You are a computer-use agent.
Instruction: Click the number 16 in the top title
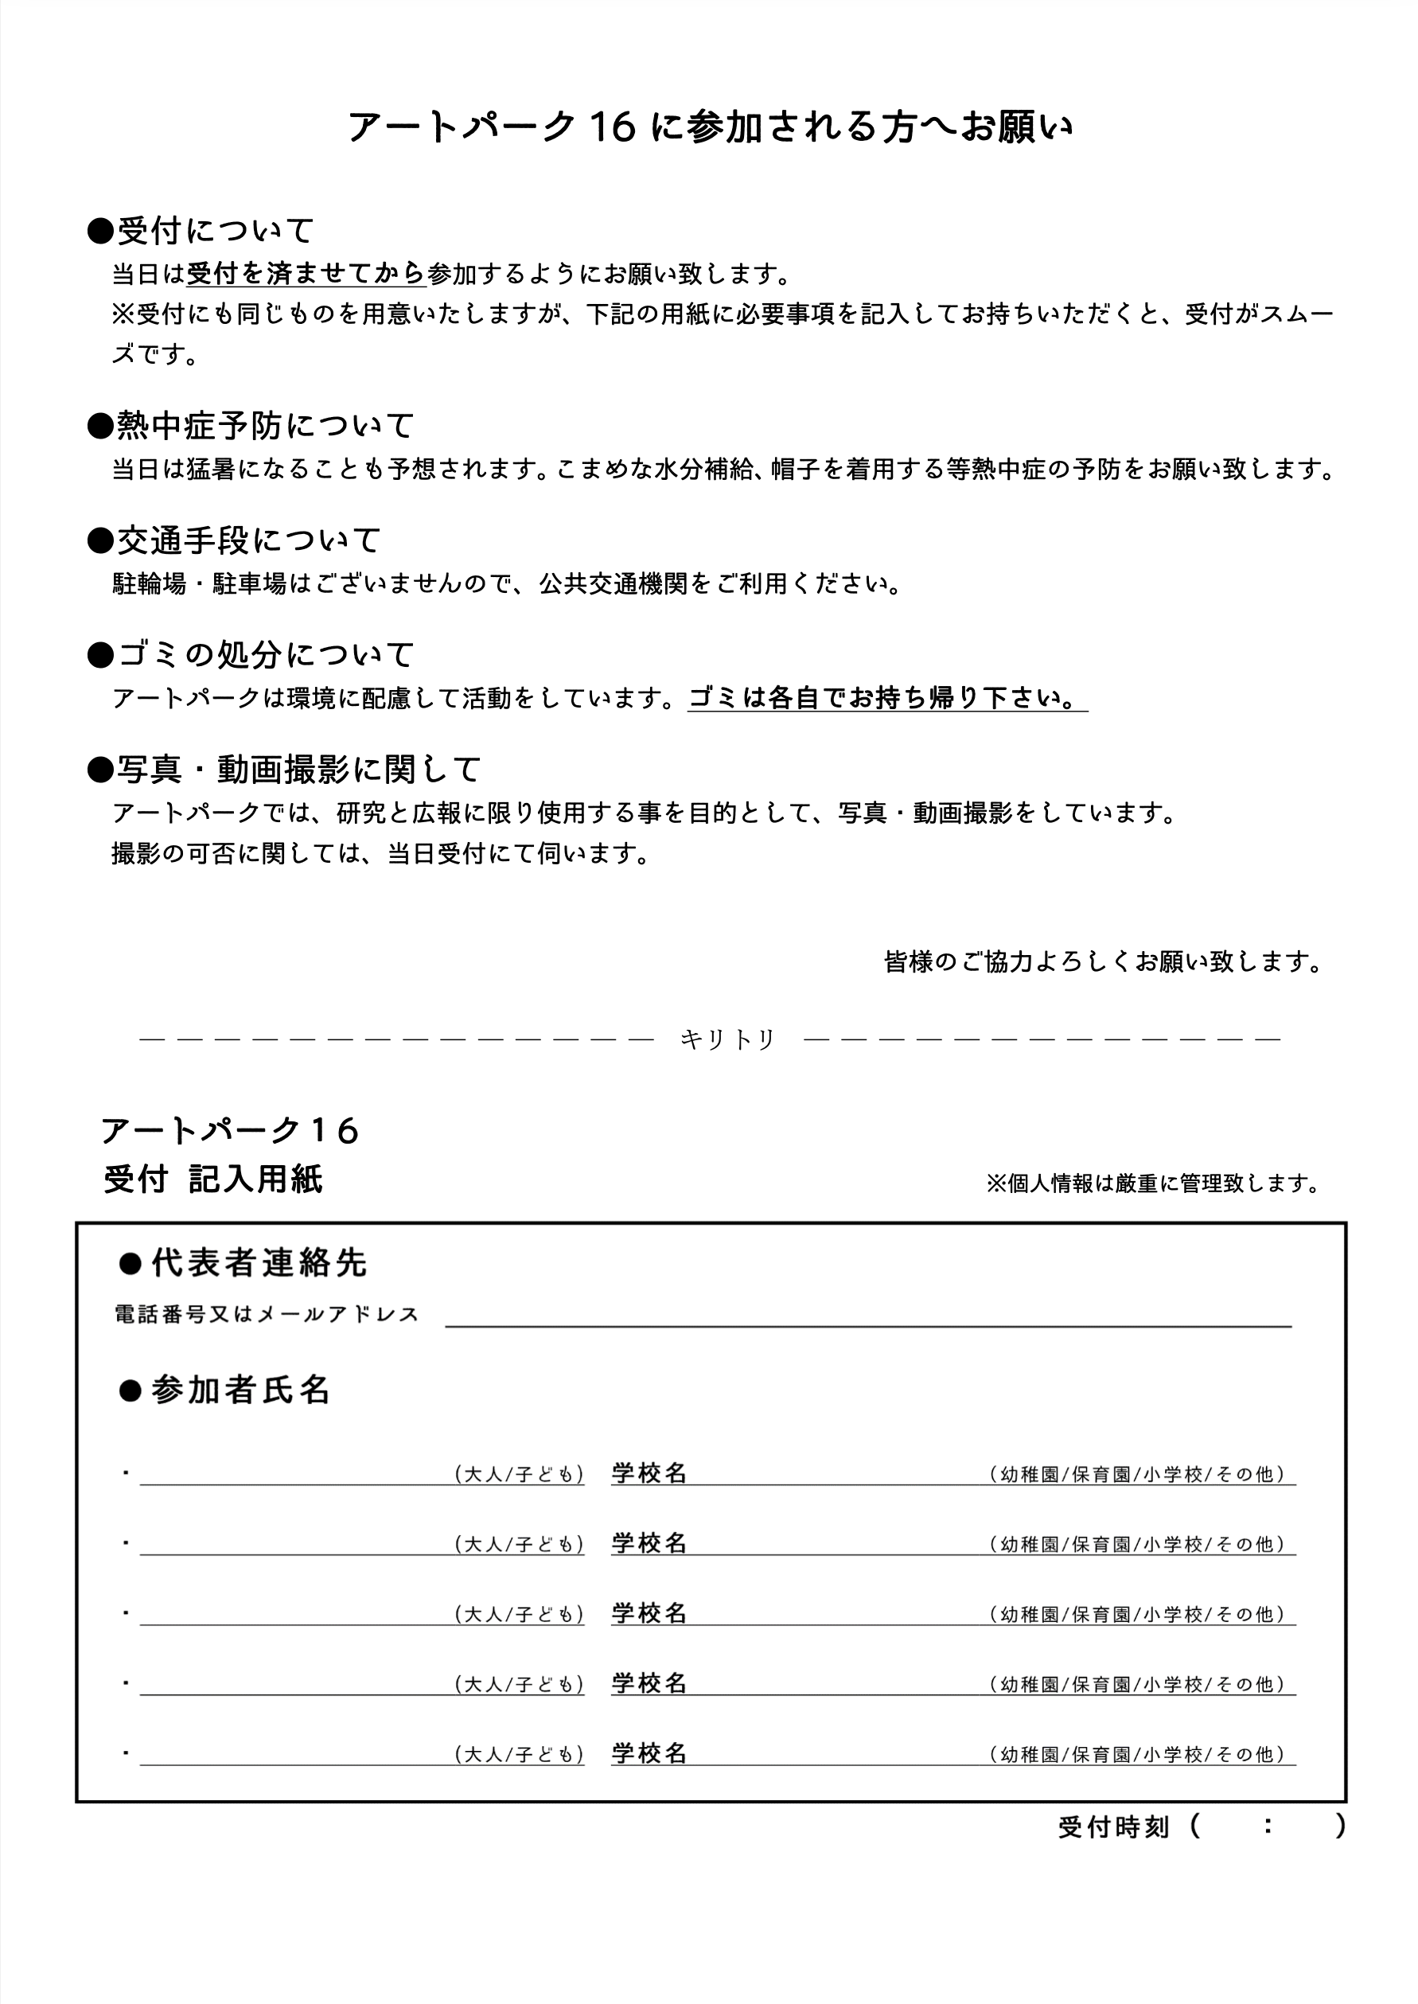coord(610,127)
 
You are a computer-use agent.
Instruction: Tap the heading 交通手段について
coord(235,540)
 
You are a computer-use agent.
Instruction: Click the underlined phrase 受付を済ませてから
coord(306,275)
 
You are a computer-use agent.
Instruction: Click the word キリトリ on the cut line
coord(727,1039)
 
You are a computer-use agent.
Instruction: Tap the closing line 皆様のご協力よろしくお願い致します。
coord(1104,961)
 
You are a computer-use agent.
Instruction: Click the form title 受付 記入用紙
coord(213,1179)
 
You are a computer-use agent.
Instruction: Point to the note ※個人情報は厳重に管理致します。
coord(1152,1183)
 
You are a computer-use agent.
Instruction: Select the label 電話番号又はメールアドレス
coord(267,1314)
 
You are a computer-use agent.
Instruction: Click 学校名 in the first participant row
coord(649,1473)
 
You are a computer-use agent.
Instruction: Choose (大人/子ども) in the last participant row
coord(520,1754)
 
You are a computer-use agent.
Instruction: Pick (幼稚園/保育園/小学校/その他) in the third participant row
coord(1139,1614)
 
